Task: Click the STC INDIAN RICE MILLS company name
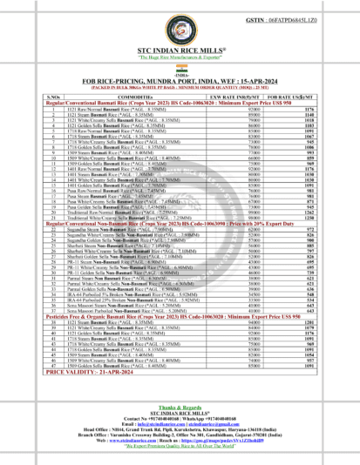180,60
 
